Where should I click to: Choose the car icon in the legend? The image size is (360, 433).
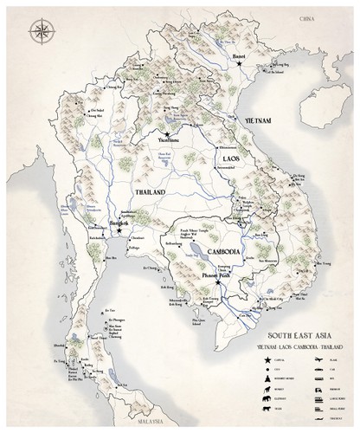point(319,370)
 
